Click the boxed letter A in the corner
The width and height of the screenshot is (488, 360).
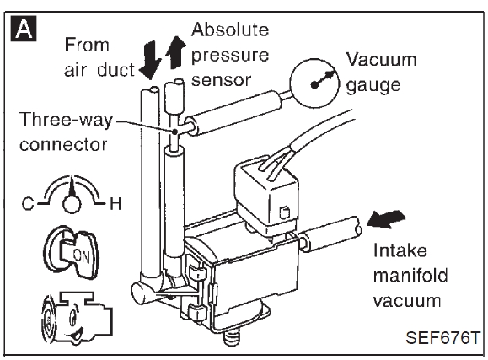(24, 29)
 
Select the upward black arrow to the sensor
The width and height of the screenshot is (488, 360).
(175, 52)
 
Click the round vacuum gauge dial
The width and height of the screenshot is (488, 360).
(314, 83)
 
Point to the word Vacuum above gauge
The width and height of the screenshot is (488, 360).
(382, 59)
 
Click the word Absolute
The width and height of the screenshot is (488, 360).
(230, 30)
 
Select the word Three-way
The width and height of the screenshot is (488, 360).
(66, 120)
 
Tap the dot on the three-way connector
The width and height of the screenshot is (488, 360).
(175, 132)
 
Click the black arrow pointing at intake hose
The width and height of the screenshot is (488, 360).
(386, 218)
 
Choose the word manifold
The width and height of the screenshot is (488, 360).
(410, 276)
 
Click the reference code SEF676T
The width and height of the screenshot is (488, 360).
(442, 337)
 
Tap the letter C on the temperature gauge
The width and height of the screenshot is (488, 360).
(28, 204)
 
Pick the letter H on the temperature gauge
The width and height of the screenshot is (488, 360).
(115, 204)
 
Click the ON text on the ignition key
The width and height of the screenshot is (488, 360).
(81, 255)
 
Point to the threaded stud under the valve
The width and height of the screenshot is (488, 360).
(231, 337)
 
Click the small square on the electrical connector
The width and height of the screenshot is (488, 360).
(285, 212)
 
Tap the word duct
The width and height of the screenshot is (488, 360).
(115, 70)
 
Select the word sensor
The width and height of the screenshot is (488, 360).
(221, 80)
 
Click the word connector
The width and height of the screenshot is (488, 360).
(63, 145)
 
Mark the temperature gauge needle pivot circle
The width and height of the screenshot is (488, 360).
(72, 204)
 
